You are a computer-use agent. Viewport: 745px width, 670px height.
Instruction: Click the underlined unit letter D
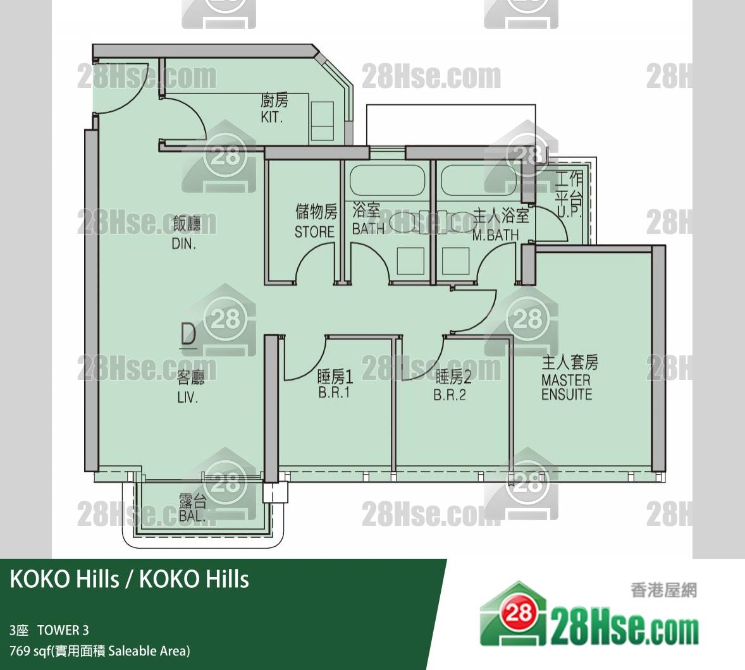click(x=188, y=335)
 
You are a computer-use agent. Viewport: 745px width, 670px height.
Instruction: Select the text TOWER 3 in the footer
click(x=63, y=630)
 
